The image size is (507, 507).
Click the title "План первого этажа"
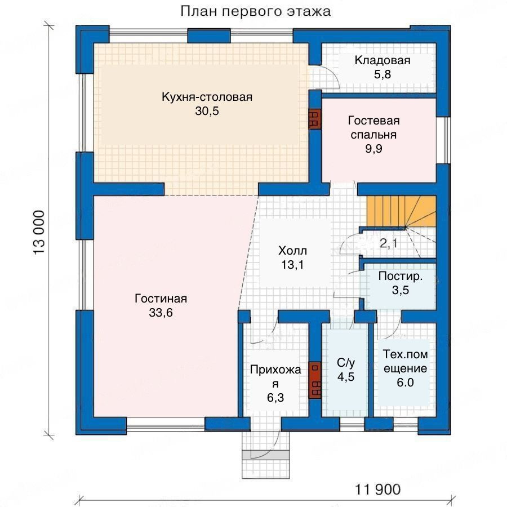tap(255, 11)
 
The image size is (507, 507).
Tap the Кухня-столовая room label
tap(207, 97)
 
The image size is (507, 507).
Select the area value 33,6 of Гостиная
tap(161, 313)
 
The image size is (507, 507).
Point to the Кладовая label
tap(383, 60)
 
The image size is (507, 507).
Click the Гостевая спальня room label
tap(374, 127)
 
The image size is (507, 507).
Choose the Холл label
tap(292, 251)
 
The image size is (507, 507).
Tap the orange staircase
tap(401, 211)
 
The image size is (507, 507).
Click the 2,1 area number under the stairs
tap(388, 243)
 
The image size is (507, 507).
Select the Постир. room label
tap(401, 276)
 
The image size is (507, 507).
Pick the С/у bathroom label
tap(346, 363)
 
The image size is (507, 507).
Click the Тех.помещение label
tap(405, 362)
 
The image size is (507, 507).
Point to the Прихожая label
tap(275, 376)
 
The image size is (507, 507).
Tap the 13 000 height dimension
tap(39, 233)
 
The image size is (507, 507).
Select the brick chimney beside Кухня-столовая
tap(314, 118)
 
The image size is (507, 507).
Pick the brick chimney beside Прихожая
tap(314, 380)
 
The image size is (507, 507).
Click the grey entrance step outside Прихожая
tap(265, 455)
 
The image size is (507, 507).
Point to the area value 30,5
tap(207, 111)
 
